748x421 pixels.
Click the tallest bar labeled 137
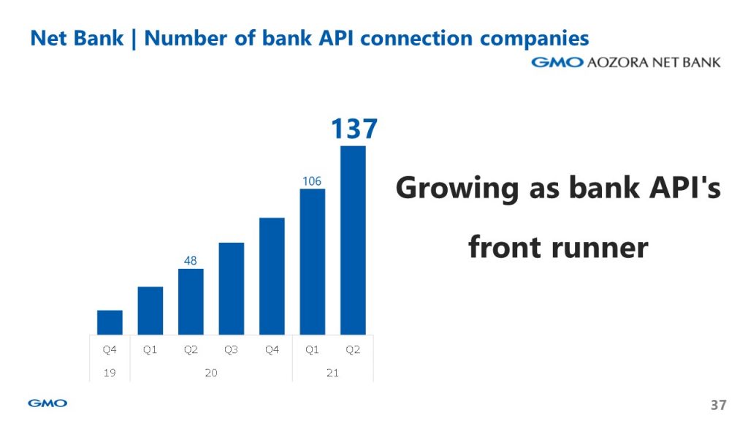coord(353,240)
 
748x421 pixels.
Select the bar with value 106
coord(313,262)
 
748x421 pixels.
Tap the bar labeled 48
coord(191,302)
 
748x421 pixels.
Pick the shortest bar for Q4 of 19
coord(110,322)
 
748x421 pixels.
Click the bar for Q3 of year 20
coord(232,289)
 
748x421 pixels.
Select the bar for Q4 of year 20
coord(272,276)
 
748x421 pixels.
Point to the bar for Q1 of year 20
coord(150,311)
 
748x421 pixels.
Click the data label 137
coord(354,129)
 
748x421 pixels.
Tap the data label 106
coord(311,181)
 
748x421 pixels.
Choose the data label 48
coord(191,261)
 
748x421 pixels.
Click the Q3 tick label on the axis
coord(231,350)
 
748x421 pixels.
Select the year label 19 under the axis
coord(110,373)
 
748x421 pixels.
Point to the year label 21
coord(332,373)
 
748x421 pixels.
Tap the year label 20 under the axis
coord(211,373)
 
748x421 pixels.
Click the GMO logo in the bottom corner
coord(47,403)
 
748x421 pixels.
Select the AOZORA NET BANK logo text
coord(654,63)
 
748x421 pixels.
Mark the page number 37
coord(719,405)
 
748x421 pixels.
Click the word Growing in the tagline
coord(457,189)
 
